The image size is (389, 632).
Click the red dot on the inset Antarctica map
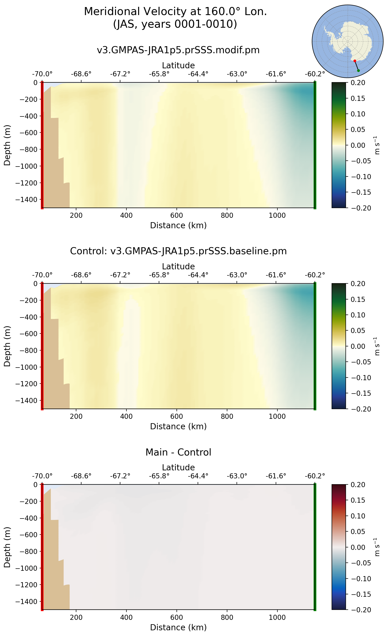(355, 61)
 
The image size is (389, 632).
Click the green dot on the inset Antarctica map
(358, 70)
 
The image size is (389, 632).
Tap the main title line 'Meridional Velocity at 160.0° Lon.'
(175, 12)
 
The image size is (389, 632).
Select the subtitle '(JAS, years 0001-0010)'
(175, 24)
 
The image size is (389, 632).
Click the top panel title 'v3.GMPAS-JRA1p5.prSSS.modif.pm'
(178, 50)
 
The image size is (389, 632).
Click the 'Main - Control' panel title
(178, 452)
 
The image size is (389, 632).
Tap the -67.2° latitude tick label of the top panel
(120, 74)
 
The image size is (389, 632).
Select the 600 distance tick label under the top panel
(177, 215)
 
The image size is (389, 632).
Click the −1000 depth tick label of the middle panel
(26, 367)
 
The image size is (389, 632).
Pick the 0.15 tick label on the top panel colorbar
(358, 98)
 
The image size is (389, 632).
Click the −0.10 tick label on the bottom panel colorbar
(361, 579)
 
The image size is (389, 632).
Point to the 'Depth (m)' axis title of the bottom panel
(7, 547)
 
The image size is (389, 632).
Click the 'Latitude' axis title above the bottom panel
(178, 467)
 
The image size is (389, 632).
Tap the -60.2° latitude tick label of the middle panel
(315, 275)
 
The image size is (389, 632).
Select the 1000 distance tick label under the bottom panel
(277, 617)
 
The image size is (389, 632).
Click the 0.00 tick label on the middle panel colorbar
(358, 346)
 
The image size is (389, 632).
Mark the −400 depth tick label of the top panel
(28, 116)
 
